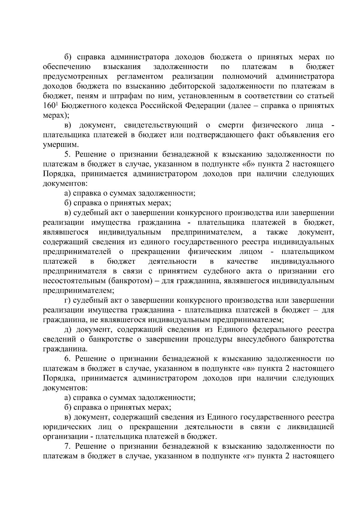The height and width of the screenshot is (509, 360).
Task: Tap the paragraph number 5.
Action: pyautogui.click(x=67, y=154)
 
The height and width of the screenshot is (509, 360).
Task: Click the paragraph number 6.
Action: pyautogui.click(x=67, y=359)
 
